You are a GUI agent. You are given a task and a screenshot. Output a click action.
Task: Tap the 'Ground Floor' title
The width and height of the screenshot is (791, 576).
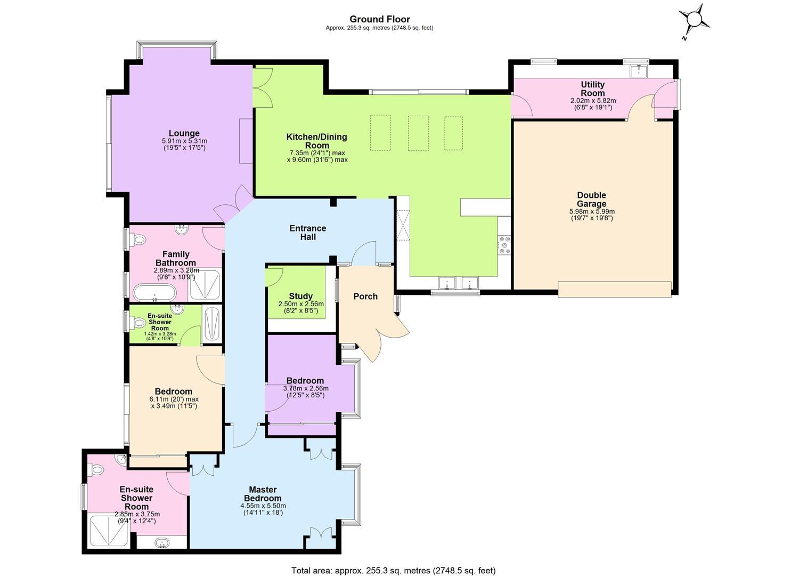coord(380,19)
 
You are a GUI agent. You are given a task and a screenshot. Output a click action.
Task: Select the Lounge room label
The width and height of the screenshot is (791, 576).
coord(184,133)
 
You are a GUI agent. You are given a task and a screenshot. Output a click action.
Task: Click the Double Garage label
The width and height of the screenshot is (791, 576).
coord(591,199)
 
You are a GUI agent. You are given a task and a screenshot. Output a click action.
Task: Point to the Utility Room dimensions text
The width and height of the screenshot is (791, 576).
coord(593,104)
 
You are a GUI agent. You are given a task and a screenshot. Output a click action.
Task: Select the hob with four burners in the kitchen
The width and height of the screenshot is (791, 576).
coord(504,245)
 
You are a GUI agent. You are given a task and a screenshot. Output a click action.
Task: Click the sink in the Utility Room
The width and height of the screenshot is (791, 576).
coord(639,70)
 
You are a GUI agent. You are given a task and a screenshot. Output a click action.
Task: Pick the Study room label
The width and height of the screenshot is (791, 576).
coord(300,296)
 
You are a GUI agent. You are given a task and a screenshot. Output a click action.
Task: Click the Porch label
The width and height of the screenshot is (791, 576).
coord(365,297)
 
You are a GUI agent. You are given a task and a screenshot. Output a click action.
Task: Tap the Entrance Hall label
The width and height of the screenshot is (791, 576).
coord(307,233)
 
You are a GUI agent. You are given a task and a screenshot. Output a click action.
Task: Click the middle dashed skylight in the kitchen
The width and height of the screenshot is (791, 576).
coord(418,133)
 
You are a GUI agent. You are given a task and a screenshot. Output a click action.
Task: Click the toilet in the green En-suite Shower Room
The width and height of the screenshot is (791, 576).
coord(138,323)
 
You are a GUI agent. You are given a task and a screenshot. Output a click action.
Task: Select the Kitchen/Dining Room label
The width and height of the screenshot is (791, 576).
coord(317,141)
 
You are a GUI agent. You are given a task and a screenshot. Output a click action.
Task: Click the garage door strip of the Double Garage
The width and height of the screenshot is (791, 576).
coord(615,289)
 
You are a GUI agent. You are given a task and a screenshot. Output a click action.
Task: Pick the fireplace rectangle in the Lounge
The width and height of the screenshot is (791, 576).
coord(246,141)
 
